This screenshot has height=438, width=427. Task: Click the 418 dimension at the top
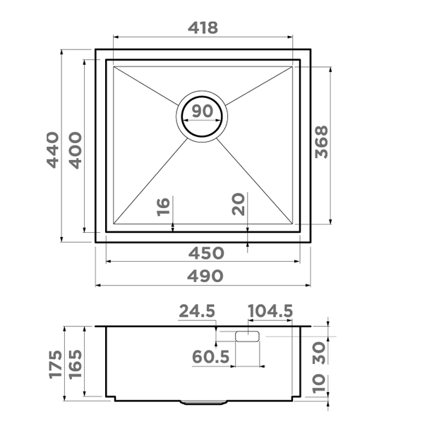click(203, 28)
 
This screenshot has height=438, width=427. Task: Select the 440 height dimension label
click(53, 150)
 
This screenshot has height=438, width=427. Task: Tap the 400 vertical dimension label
click(76, 150)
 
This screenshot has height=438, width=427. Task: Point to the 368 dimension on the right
click(322, 142)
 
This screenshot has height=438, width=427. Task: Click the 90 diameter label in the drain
click(203, 111)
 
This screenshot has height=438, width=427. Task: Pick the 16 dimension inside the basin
click(164, 207)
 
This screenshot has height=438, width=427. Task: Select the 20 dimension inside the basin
click(239, 205)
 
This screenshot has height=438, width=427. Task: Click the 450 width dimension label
click(206, 253)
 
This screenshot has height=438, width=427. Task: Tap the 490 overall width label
click(205, 276)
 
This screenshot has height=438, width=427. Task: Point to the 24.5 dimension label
click(197, 311)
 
